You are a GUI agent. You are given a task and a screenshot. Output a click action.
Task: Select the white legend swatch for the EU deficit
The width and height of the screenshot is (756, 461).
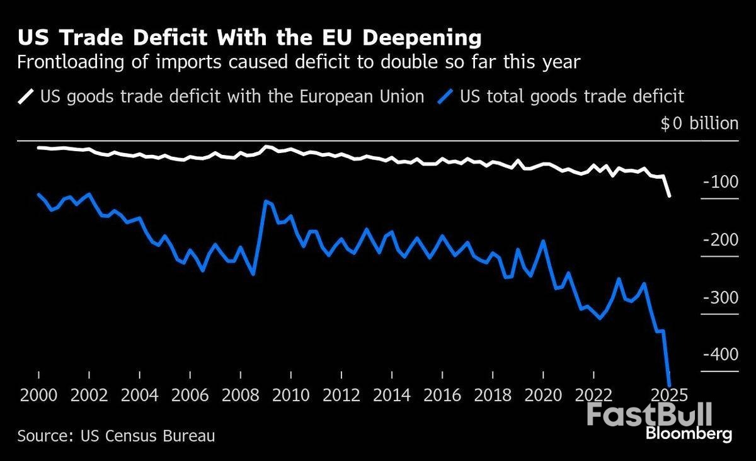coord(26,97)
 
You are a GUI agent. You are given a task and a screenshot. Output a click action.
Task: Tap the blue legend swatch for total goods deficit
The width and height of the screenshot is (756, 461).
coord(447,97)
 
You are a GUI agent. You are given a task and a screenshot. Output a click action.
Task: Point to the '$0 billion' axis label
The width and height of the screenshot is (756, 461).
coord(699,123)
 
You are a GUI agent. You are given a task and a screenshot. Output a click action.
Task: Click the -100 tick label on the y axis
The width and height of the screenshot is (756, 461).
coord(718,183)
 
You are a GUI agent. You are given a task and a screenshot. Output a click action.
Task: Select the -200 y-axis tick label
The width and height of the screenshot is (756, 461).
coord(718,241)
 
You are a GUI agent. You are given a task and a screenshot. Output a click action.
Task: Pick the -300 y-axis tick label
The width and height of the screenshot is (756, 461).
coord(718,298)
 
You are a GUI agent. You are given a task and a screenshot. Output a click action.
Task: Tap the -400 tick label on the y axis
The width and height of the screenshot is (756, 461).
coord(718,355)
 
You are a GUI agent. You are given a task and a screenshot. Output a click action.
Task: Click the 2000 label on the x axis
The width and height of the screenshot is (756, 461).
coord(39,396)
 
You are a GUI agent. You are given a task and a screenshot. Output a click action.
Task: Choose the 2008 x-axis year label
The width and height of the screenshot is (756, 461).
coord(241,396)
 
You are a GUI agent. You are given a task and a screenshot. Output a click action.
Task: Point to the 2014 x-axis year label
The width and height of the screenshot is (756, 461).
coord(392,396)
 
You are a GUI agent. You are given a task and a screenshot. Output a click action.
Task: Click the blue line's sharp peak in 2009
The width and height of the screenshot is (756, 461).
coord(266,201)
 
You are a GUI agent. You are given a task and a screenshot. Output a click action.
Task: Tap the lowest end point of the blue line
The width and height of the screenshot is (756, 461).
coord(670,385)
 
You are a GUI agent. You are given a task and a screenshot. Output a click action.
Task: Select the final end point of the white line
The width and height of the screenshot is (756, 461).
coord(670,196)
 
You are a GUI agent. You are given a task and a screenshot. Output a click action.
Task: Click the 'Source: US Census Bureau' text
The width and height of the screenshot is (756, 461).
coord(116,436)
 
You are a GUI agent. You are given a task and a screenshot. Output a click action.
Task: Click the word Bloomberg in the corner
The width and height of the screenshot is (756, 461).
coord(689,434)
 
